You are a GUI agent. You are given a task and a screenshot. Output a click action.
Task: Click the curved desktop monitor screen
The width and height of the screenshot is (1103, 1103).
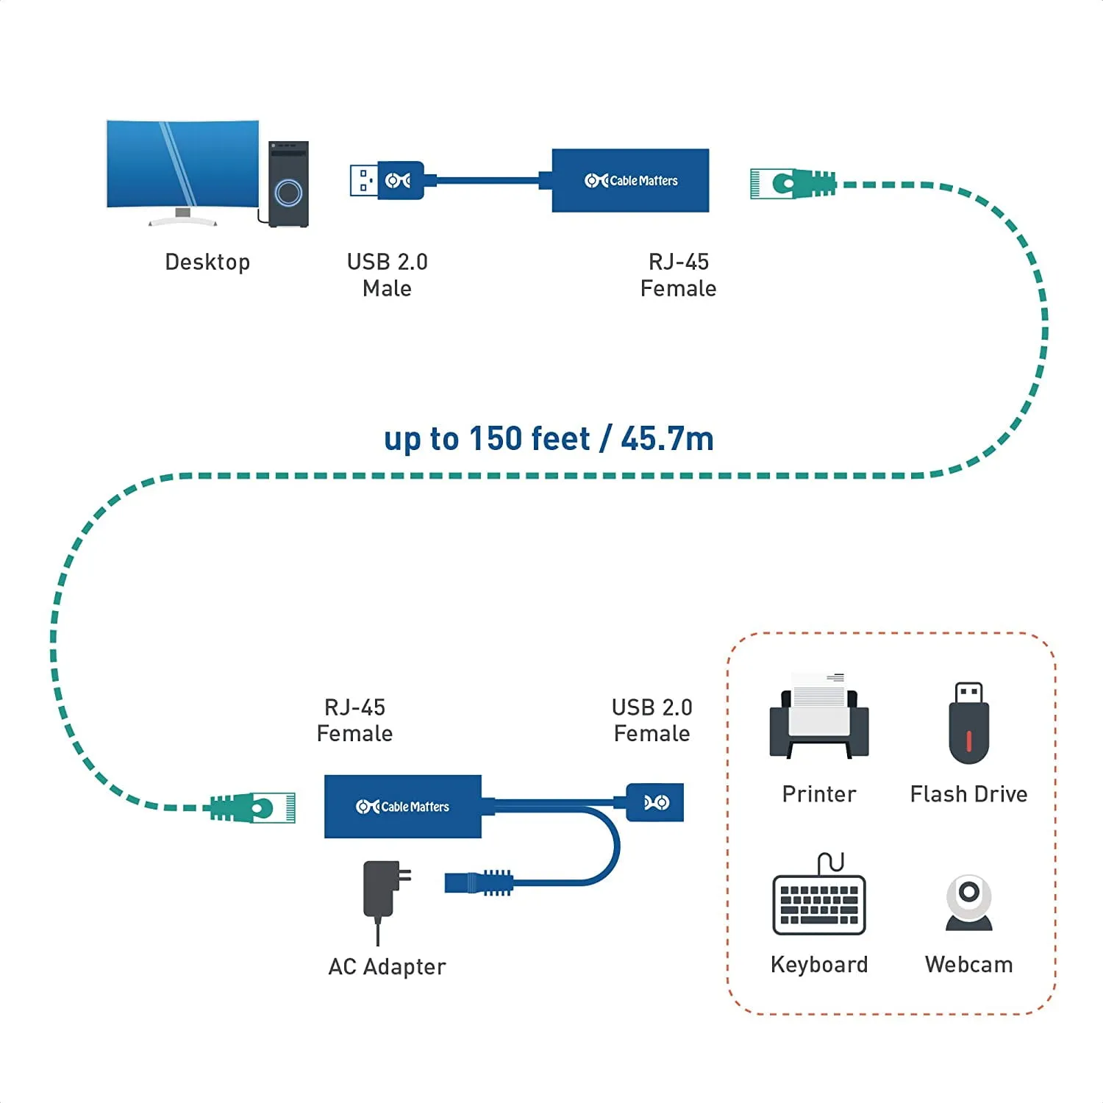[x=182, y=164]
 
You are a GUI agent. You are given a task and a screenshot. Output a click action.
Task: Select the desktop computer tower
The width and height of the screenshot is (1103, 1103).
[x=288, y=184]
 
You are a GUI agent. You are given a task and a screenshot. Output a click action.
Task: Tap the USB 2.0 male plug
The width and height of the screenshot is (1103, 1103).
[x=387, y=180]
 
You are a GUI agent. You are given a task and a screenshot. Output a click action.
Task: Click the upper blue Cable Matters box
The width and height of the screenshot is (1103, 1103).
[x=630, y=180]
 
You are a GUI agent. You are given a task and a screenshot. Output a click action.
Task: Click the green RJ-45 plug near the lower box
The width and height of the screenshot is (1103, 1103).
[x=253, y=807]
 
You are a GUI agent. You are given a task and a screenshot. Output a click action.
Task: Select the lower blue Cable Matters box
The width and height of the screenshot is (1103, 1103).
[x=403, y=807]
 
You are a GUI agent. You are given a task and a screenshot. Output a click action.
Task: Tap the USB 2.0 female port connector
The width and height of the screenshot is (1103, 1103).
[x=655, y=802]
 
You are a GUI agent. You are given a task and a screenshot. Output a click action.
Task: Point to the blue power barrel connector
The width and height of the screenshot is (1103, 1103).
[x=478, y=882]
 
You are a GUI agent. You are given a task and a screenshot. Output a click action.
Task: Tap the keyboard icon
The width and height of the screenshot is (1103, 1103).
[x=819, y=899]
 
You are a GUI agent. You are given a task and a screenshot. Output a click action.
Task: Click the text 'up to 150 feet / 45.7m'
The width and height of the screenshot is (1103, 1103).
[x=549, y=439]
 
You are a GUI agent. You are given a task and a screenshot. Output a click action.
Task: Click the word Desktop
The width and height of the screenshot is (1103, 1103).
[x=207, y=263]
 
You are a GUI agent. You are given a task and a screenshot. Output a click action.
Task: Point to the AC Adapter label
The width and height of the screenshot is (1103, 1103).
[x=387, y=966]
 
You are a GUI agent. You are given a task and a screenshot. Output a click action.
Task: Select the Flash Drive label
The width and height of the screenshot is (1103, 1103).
[x=968, y=794]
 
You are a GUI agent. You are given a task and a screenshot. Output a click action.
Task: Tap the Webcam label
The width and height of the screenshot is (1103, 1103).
[x=968, y=964]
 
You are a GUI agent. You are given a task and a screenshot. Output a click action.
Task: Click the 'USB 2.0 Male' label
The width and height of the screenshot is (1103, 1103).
[x=387, y=275]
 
